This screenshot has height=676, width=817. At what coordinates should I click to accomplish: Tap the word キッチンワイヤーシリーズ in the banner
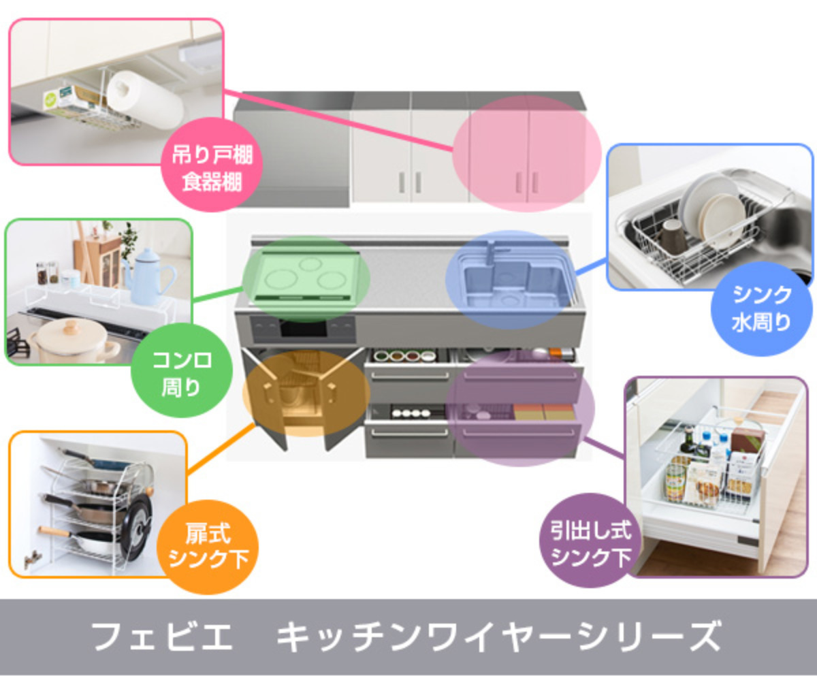pos(497,637)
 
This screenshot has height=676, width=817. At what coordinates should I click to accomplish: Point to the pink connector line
pos(340,118)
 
